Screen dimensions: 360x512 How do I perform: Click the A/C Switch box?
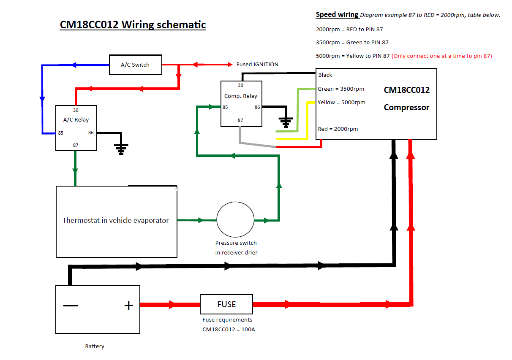pyautogui.click(x=135, y=65)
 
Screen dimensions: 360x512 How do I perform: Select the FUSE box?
pyautogui.click(x=226, y=304)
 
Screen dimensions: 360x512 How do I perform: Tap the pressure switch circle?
pyautogui.click(x=236, y=219)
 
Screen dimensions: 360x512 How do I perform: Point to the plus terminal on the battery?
pyautogui.click(x=128, y=305)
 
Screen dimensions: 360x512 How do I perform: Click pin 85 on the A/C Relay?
pyautogui.click(x=61, y=133)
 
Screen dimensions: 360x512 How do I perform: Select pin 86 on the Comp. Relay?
pyautogui.click(x=257, y=107)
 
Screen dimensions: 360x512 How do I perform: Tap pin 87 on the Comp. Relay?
pyautogui.click(x=240, y=120)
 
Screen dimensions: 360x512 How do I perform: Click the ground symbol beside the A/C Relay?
pyautogui.click(x=121, y=149)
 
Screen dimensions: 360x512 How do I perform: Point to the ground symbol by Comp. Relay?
pyautogui.click(x=286, y=122)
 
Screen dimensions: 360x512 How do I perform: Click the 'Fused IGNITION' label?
pyautogui.click(x=257, y=65)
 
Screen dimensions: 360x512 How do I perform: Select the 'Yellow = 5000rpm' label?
pyautogui.click(x=341, y=102)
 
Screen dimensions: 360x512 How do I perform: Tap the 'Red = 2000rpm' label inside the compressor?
pyautogui.click(x=338, y=129)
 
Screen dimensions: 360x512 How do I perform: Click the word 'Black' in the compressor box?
pyautogui.click(x=325, y=75)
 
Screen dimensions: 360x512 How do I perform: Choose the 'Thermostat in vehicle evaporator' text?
pyautogui.click(x=115, y=220)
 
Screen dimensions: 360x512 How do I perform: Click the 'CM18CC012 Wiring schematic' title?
pyautogui.click(x=133, y=25)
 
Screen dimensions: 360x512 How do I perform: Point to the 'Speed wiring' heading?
pyautogui.click(x=337, y=15)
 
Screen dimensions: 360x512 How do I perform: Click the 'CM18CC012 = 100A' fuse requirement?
pyautogui.click(x=229, y=329)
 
